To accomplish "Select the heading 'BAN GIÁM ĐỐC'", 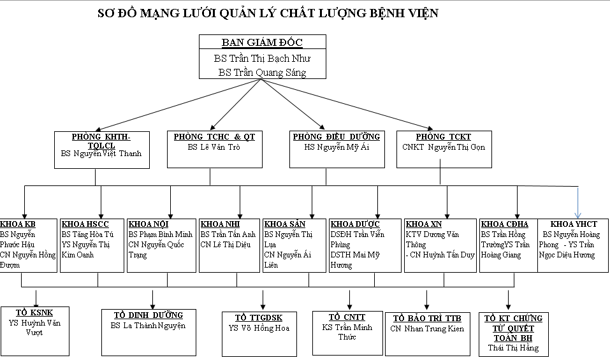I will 262,43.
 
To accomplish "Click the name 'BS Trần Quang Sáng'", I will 262,73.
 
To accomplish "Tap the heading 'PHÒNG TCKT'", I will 444,137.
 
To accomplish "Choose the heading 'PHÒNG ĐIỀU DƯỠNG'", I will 337,137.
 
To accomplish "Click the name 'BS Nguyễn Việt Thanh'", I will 101,154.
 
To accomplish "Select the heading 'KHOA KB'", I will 18,224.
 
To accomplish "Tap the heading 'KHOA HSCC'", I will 85,224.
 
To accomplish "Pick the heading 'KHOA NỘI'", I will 149,224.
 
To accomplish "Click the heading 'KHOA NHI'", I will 220,224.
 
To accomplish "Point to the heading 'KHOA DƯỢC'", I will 355,224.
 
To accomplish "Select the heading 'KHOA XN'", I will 424,224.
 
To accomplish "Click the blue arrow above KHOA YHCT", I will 578,203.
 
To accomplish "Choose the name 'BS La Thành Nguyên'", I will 148,326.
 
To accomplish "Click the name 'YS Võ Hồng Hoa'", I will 259,328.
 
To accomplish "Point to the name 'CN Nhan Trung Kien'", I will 427,329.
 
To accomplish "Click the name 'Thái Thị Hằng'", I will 513,348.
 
